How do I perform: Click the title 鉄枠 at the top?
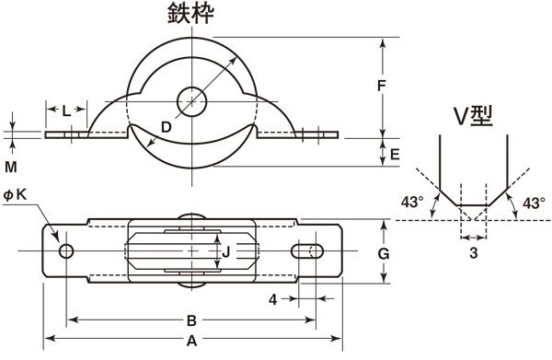point(190,14)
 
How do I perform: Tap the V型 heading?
point(473,116)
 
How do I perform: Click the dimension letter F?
point(381,86)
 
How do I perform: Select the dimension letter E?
point(395,155)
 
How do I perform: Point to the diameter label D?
point(166,127)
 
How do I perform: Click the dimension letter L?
point(66,111)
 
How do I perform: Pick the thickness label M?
point(11,167)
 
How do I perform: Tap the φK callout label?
point(15,194)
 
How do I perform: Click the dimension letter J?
point(226,252)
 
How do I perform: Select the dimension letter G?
point(384,253)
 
